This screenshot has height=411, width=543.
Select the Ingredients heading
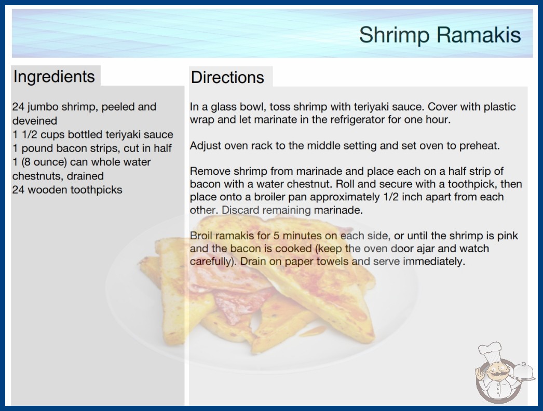pos(54,77)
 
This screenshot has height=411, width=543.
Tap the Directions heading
pos(227,77)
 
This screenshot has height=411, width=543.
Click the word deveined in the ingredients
pos(35,120)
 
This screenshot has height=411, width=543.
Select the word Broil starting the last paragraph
pos(201,236)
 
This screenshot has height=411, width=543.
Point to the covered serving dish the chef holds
pos(522,372)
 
